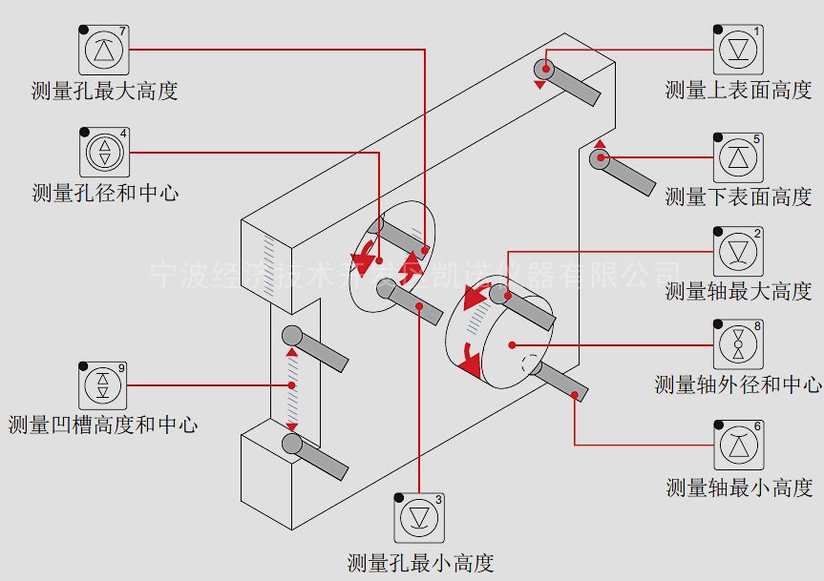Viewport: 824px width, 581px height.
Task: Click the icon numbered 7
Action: click(102, 50)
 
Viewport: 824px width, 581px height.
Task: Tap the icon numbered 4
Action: click(102, 152)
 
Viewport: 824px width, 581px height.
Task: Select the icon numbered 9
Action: click(102, 385)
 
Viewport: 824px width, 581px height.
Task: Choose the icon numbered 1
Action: click(738, 50)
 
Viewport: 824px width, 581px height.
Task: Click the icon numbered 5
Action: click(738, 158)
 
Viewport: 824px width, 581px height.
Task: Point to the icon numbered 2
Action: click(738, 252)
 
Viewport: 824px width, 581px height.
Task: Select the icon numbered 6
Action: click(738, 445)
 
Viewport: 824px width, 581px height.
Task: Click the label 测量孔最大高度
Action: click(104, 93)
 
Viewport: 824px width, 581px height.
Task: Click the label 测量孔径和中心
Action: click(104, 194)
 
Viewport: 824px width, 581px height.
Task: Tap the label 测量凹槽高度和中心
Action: click(103, 425)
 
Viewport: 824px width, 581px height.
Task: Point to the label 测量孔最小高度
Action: click(420, 563)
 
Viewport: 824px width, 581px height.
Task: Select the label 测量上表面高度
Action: click(738, 91)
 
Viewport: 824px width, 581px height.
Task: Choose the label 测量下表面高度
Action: click(738, 197)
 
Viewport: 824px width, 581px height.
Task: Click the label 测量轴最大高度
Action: click(738, 292)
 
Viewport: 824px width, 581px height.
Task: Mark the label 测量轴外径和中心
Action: click(738, 385)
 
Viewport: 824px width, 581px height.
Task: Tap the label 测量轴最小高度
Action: click(738, 488)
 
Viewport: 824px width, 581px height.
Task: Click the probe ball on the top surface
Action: click(544, 68)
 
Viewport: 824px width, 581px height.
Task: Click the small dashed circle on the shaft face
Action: click(528, 365)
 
